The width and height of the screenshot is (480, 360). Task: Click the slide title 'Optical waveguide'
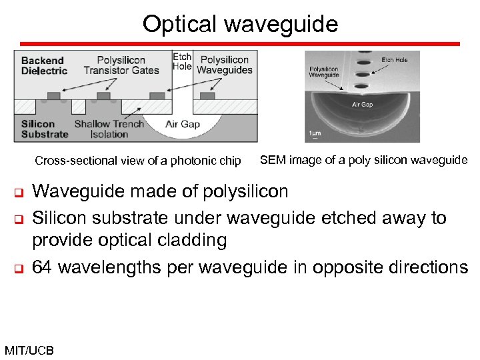coord(240,24)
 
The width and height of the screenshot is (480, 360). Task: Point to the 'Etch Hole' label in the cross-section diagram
coord(182,61)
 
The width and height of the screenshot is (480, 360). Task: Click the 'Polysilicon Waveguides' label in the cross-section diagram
coord(225,65)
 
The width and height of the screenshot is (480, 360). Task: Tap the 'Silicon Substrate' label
coord(44,129)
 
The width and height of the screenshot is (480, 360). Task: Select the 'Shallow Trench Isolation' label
coord(109,129)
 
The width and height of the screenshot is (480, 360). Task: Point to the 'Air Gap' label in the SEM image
coord(362,105)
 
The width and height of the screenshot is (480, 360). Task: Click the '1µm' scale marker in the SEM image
coord(315,133)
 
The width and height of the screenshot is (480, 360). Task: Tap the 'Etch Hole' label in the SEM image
coord(395,60)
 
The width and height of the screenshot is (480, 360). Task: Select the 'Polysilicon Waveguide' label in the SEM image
coord(324,71)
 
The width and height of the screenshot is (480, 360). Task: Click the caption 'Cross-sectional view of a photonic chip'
coord(138,161)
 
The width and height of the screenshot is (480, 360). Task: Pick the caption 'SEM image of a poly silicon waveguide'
coord(363,160)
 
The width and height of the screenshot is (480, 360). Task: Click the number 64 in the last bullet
coord(41,267)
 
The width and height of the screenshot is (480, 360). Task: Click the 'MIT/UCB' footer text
coord(29,351)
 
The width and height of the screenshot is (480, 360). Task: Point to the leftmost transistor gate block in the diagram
coord(54,96)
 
